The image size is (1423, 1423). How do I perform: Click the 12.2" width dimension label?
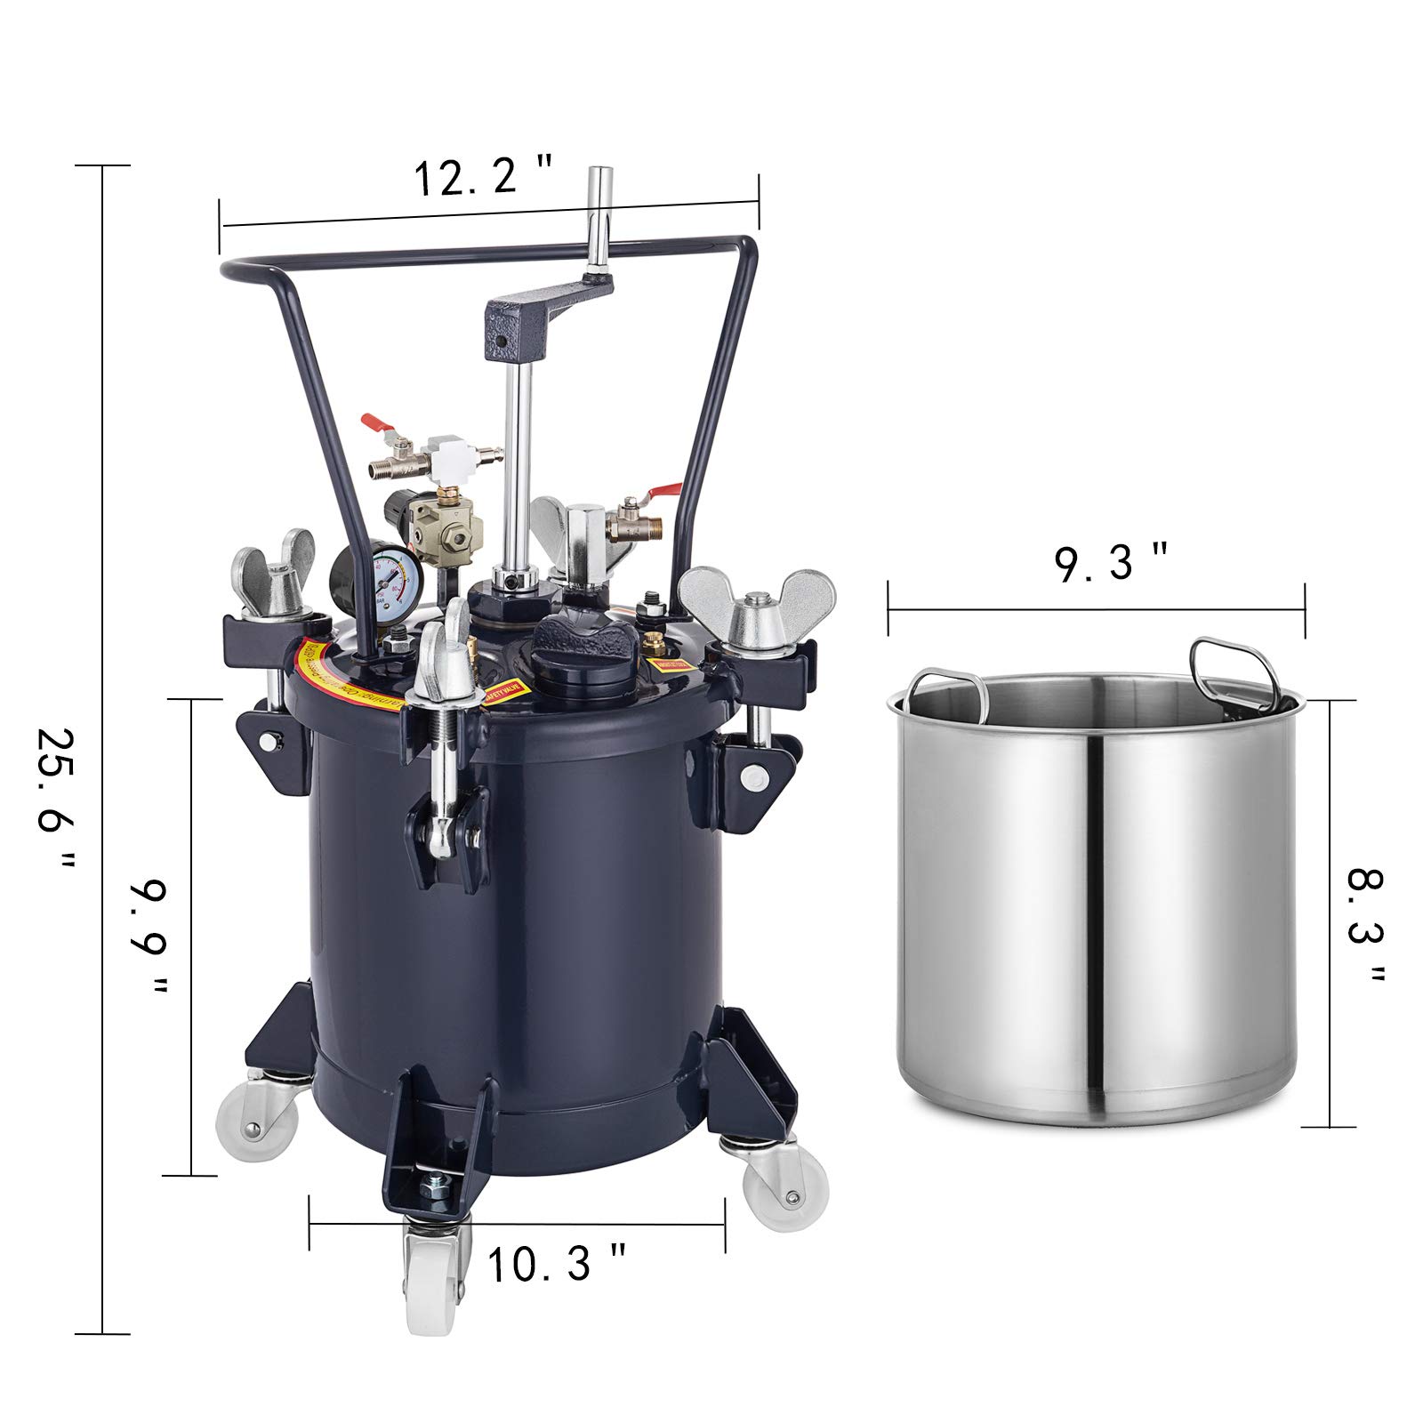pyautogui.click(x=484, y=176)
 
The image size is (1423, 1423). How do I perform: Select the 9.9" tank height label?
pyautogui.click(x=148, y=938)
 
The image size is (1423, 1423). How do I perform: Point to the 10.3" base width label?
pyautogui.click(x=557, y=1263)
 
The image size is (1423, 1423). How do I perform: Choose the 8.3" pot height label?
pyautogui.click(x=1366, y=925)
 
